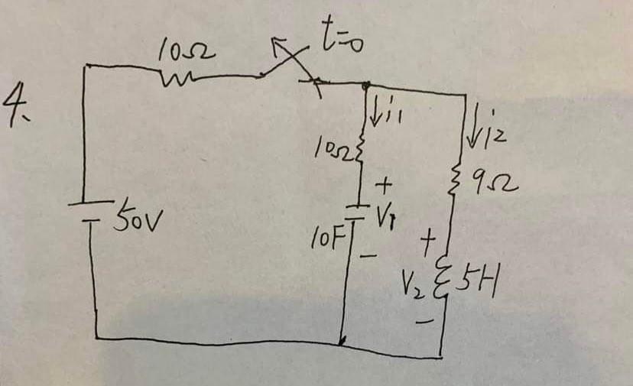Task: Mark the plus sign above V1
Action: (385, 185)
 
